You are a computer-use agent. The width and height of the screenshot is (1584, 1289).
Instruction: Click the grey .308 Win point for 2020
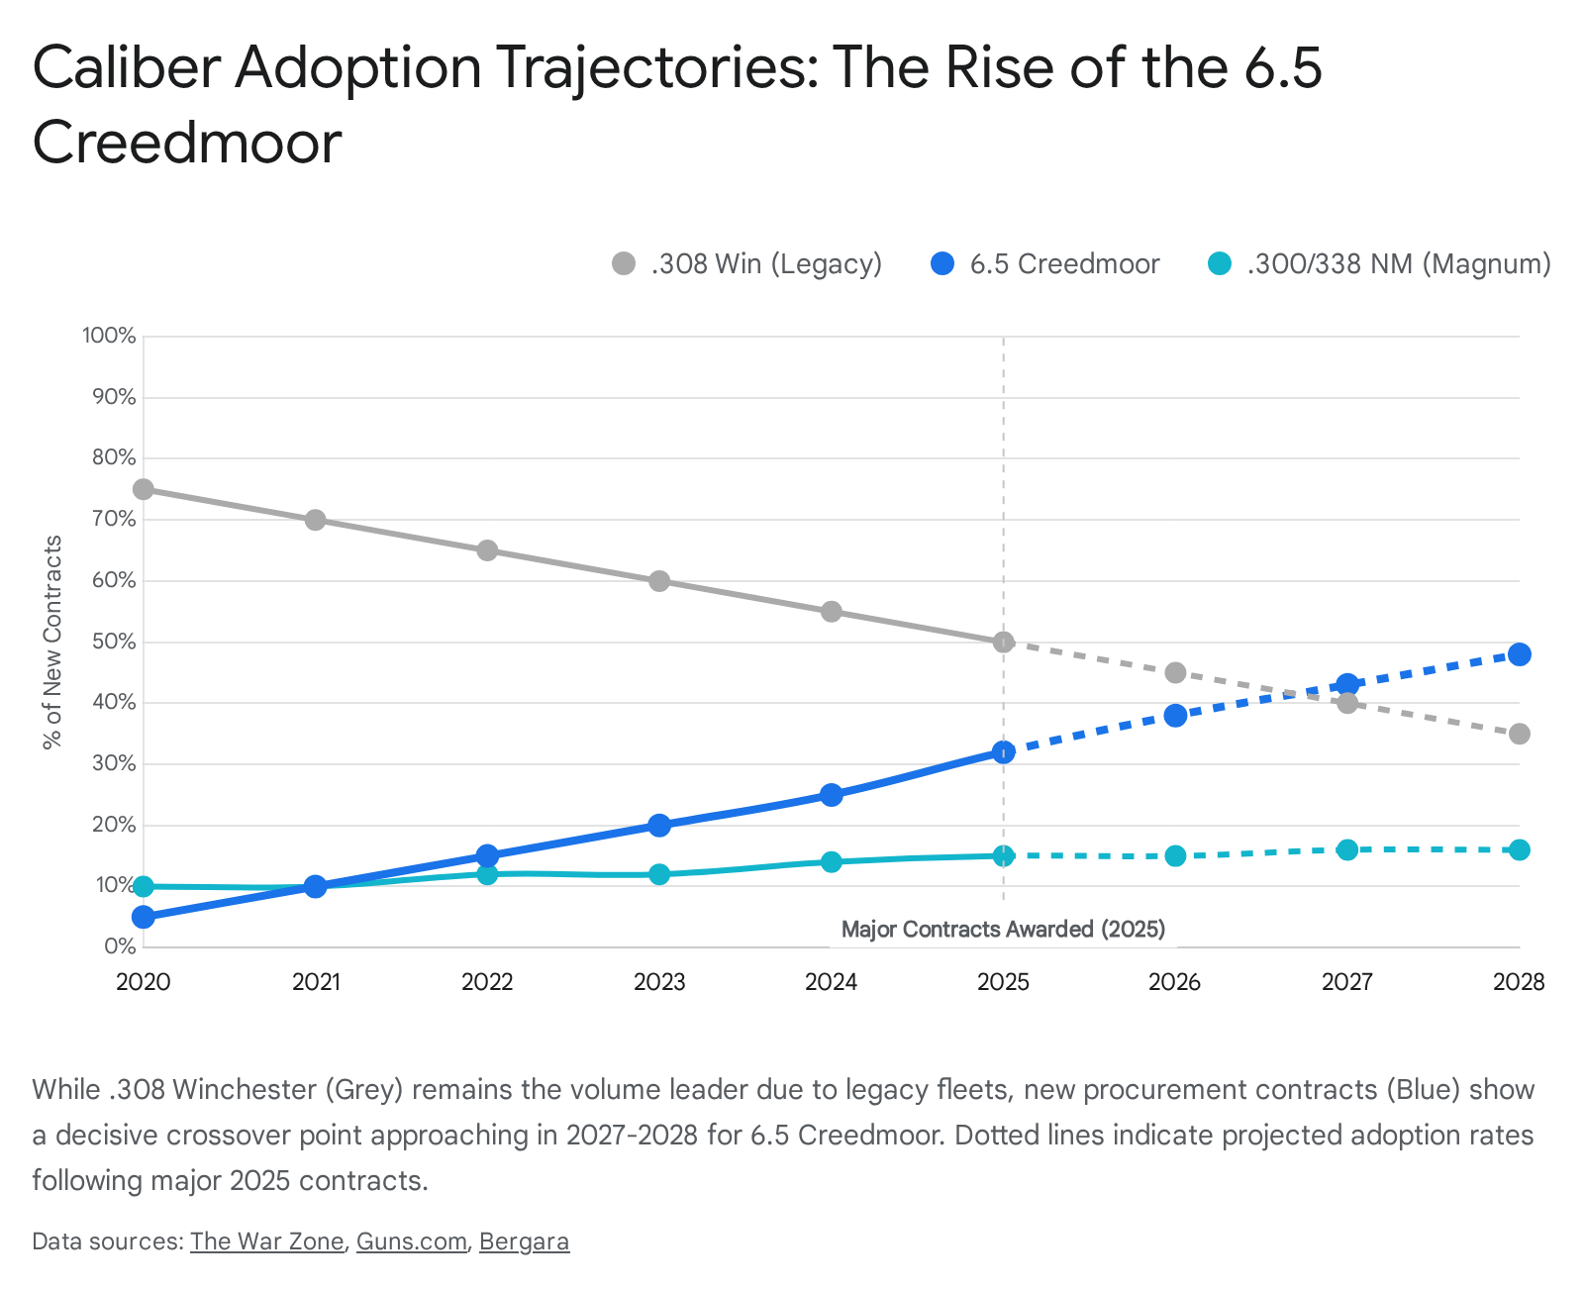point(144,489)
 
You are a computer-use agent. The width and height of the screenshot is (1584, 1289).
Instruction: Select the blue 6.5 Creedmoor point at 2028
point(1519,654)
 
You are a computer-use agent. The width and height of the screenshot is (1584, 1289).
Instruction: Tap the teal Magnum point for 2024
point(832,861)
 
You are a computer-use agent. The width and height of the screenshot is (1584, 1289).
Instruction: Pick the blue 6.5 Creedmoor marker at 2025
point(1004,752)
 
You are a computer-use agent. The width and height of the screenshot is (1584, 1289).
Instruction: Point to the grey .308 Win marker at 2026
point(1175,672)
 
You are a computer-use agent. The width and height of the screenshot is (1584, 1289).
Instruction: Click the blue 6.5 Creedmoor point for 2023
point(659,825)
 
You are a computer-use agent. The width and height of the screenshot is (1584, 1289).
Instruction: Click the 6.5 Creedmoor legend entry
point(1045,264)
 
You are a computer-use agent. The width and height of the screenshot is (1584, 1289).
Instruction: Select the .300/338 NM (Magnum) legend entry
point(1380,264)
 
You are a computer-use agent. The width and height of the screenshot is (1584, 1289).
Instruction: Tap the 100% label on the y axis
point(110,336)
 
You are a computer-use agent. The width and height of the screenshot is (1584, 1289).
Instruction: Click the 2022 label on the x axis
point(487,982)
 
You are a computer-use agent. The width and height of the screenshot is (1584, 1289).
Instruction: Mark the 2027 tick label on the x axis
point(1346,982)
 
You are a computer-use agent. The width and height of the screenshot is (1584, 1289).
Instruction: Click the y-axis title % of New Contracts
point(52,642)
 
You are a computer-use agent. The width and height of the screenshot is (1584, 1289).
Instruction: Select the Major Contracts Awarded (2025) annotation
point(1003,930)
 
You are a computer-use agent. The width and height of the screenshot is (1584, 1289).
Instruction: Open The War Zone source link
point(266,1241)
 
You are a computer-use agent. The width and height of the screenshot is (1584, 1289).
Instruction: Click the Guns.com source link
point(411,1241)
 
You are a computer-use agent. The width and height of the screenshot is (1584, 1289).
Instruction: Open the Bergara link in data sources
point(524,1241)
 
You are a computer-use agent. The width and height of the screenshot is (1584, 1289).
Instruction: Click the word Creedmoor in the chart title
point(187,143)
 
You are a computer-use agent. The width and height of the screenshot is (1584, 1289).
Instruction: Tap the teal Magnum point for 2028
point(1519,849)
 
